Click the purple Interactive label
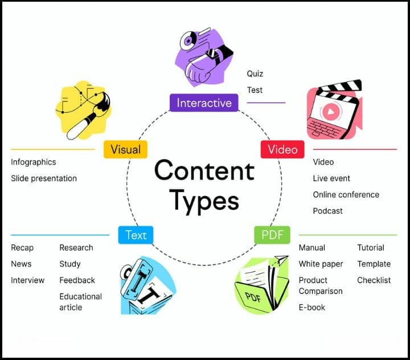pos(204,103)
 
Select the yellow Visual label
pos(125,150)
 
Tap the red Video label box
pos(282,149)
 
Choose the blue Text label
pos(136,235)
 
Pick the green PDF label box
pos(272,235)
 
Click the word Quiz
pos(255,73)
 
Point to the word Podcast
pos(327,211)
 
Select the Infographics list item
pos(34,162)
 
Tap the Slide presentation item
pos(44,178)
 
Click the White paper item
pos(321,264)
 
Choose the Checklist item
pos(374,280)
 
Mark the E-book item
pos(313,308)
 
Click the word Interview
pos(27,280)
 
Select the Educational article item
pos(80,302)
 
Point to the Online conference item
pos(346,194)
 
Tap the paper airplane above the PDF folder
pos(280,261)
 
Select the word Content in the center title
pos(203,171)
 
